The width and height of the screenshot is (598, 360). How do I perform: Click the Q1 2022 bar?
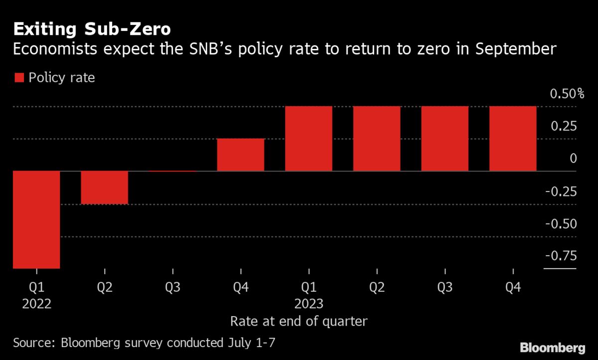[36, 219]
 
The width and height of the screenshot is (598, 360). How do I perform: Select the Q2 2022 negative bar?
[105, 187]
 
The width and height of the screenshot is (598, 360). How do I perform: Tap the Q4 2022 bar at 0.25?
[241, 155]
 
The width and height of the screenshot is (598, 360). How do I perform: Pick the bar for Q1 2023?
[308, 139]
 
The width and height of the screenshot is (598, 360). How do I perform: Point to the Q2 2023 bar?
[377, 139]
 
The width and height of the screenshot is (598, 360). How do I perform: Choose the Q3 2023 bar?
[445, 139]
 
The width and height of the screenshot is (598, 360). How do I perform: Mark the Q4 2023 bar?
[513, 139]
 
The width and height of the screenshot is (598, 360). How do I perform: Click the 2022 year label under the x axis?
[37, 304]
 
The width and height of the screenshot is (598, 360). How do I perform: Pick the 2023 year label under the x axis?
[309, 304]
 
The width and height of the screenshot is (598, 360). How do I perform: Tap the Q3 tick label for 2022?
[172, 287]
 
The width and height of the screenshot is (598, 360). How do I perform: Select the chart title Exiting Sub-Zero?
[92, 29]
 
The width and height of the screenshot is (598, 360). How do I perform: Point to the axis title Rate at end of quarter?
[299, 321]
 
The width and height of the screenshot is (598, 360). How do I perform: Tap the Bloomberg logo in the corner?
[553, 347]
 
